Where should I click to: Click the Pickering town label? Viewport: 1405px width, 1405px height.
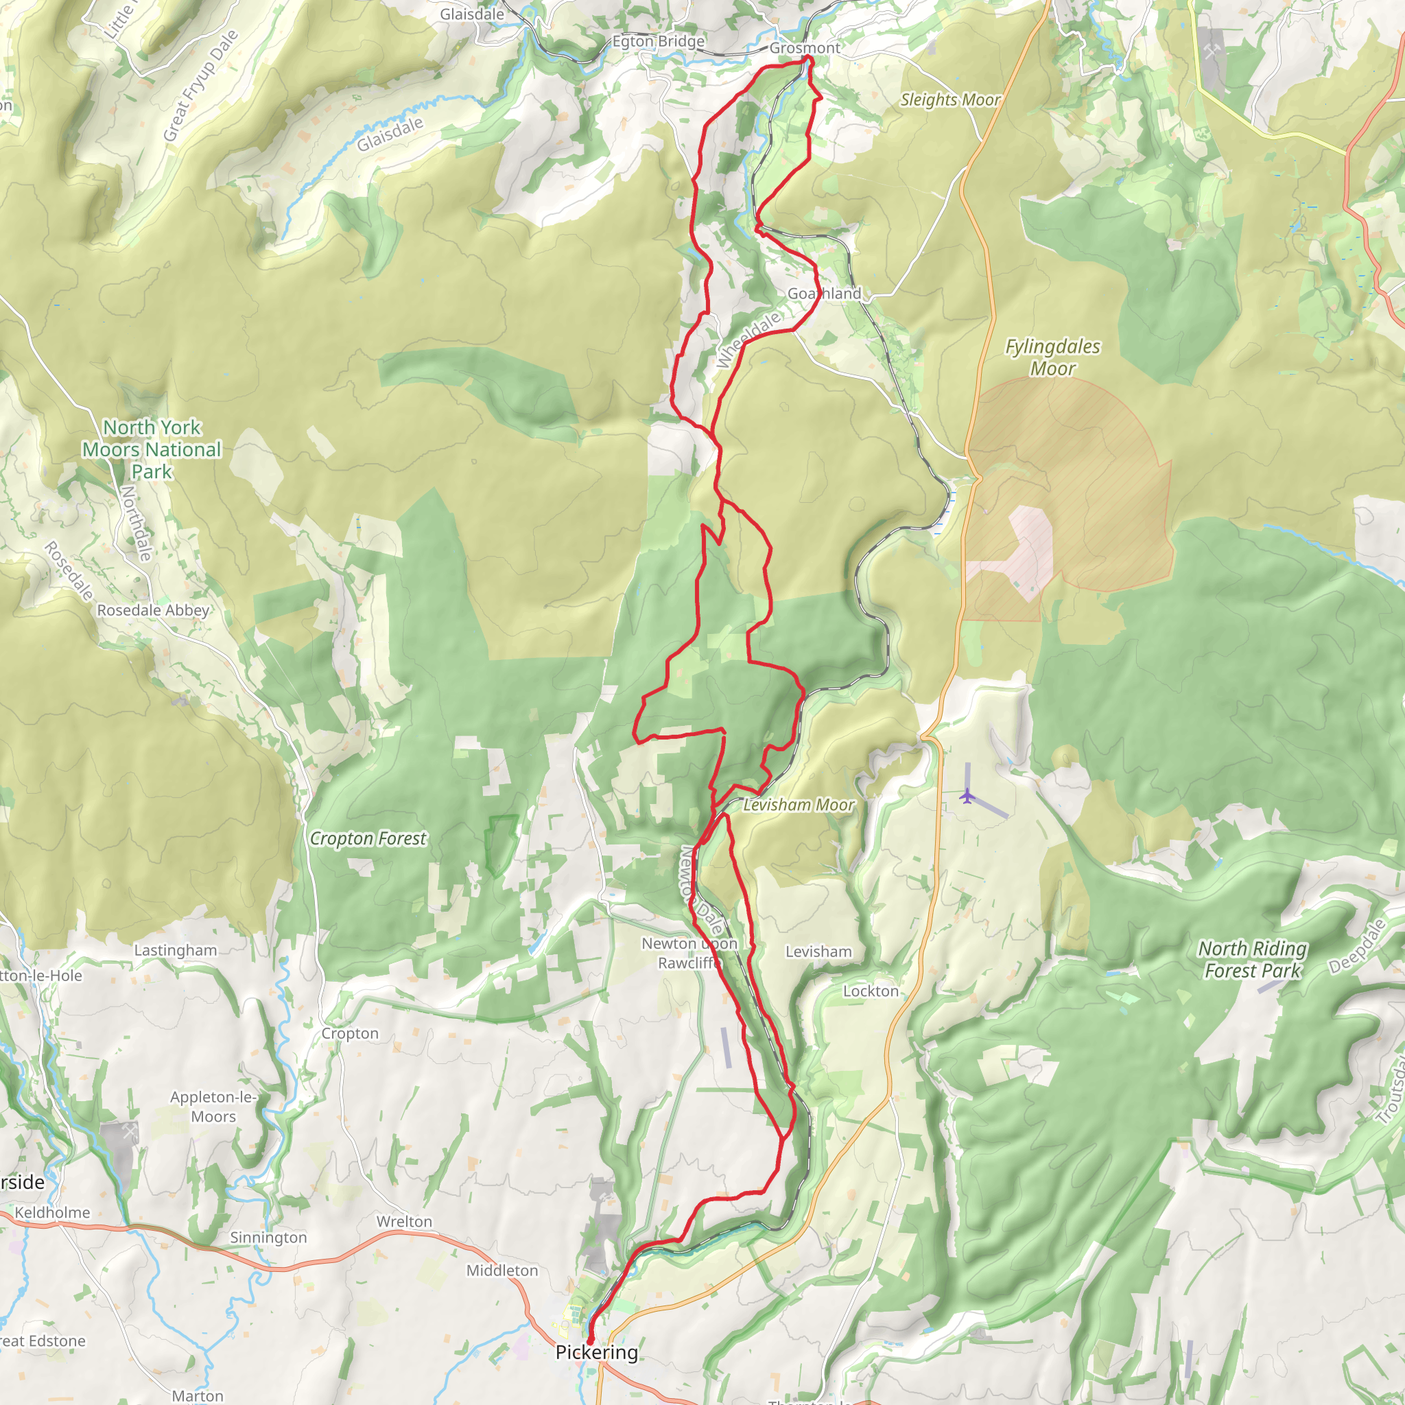(596, 1352)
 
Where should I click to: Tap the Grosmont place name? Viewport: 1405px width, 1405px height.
(804, 48)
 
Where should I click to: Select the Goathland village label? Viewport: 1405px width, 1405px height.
(824, 293)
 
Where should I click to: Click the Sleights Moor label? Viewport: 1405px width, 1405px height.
(949, 99)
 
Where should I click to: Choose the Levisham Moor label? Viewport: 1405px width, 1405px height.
(798, 805)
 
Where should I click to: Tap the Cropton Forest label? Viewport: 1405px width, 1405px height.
(368, 838)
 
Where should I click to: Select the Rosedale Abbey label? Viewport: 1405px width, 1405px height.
(154, 610)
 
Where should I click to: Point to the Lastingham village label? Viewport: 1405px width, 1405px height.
(175, 950)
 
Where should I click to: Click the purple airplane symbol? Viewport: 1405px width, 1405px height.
(966, 796)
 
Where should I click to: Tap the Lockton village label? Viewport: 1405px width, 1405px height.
(871, 991)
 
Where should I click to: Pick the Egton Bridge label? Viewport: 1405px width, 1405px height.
(658, 41)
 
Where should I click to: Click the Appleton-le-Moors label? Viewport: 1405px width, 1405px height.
(213, 1106)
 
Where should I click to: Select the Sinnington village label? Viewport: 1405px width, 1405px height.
(268, 1237)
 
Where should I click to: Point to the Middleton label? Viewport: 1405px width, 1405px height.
(501, 1271)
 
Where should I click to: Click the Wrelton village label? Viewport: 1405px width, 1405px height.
(403, 1222)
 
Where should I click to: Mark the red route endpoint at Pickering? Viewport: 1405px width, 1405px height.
(590, 1340)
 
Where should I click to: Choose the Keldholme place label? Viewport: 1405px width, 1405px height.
(52, 1212)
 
